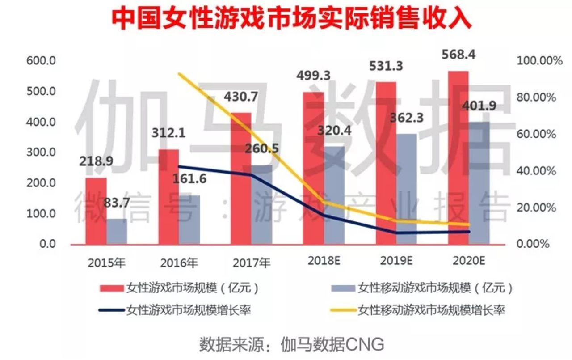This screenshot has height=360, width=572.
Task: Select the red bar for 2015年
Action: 96,211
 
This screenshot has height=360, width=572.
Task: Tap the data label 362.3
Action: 405,119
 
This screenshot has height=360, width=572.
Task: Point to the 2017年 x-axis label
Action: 252,263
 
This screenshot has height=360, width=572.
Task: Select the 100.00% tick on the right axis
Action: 539,61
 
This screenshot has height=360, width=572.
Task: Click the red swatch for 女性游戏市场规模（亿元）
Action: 111,288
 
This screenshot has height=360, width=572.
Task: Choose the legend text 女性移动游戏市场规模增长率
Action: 431,310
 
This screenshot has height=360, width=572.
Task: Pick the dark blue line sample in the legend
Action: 111,310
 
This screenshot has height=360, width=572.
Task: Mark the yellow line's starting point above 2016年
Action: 179,74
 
